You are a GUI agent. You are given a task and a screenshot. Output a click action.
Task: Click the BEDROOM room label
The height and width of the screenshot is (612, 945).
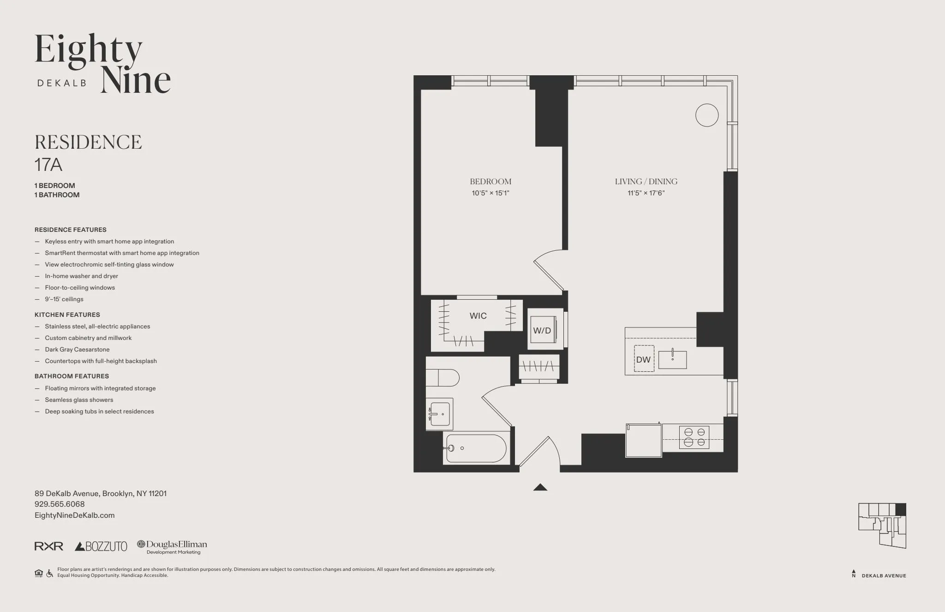490,182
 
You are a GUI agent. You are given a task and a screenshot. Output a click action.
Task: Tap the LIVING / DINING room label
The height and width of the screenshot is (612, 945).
646,182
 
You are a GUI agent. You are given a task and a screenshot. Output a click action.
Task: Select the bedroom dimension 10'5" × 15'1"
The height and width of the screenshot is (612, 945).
490,193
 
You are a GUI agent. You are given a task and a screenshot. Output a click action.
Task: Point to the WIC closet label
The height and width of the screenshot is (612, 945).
478,316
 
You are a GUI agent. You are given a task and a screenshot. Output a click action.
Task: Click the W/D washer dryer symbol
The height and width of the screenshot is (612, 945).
543,330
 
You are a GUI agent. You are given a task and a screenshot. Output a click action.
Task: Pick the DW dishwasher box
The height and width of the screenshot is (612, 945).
644,359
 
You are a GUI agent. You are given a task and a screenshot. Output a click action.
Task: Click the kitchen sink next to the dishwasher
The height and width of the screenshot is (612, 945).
672,359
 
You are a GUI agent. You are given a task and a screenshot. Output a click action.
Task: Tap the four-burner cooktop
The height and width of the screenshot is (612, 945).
694,437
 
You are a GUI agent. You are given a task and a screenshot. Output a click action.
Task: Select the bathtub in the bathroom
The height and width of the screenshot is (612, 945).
475,448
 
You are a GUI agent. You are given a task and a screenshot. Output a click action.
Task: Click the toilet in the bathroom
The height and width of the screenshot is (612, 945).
442,378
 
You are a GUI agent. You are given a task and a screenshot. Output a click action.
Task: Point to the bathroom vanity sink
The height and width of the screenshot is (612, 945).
439,414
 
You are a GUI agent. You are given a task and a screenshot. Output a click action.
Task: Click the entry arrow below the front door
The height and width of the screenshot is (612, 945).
540,487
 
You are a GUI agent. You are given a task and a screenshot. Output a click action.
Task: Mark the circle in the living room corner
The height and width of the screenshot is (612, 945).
707,115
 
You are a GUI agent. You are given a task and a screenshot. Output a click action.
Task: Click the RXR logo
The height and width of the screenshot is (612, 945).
49,546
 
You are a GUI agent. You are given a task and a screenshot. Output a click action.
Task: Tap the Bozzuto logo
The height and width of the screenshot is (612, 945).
101,546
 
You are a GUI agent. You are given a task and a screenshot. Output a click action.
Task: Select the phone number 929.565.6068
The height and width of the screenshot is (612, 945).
60,504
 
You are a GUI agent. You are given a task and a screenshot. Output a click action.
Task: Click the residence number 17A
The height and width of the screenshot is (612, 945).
48,165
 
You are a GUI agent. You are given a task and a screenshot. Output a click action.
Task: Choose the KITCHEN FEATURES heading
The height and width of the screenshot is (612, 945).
67,315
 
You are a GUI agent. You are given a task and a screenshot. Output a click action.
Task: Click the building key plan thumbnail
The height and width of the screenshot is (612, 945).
882,525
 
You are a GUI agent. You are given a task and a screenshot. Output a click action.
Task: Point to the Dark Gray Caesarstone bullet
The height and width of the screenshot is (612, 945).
77,350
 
